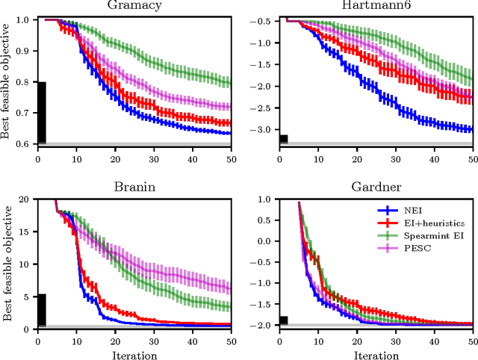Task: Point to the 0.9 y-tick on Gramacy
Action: pos(24,51)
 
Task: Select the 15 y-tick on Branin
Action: pos(26,232)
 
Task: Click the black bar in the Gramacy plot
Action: pos(42,112)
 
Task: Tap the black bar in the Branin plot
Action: pos(42,310)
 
